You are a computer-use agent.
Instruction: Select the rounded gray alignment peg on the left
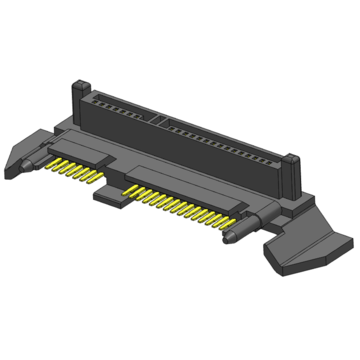[36, 159]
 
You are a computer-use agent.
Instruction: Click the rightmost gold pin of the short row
[97, 182]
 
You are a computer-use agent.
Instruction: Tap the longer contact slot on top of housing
[220, 139]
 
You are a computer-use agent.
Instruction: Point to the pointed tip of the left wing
[8, 160]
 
